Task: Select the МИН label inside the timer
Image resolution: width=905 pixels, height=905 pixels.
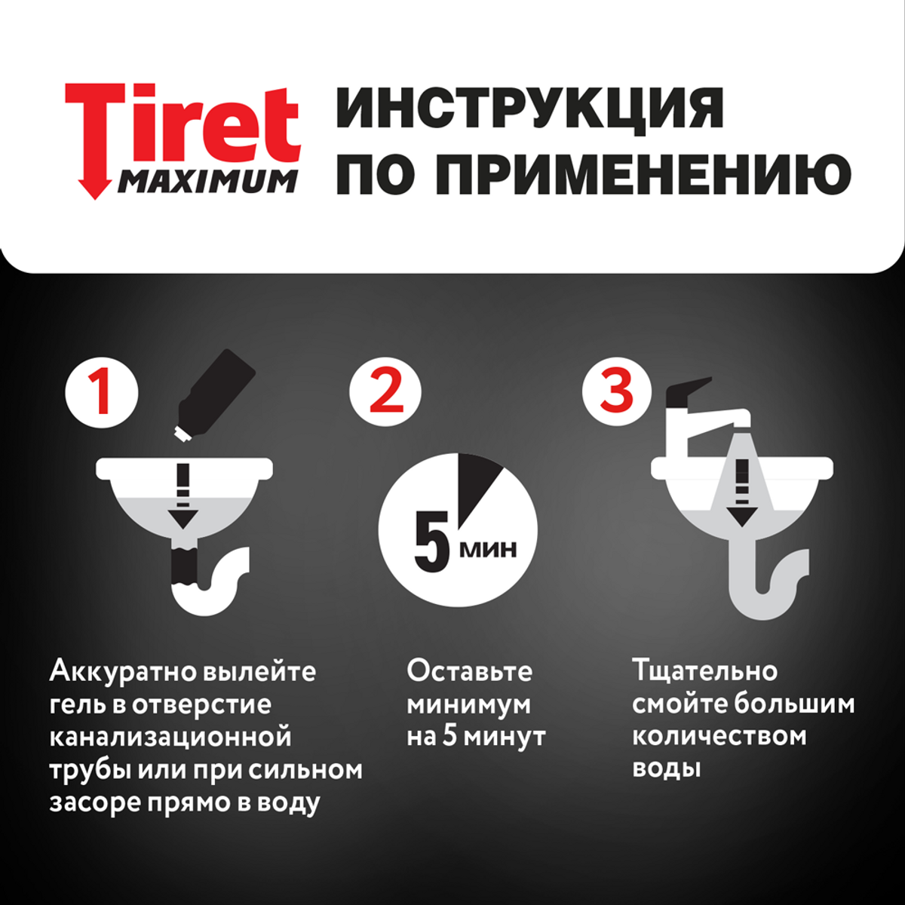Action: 489,549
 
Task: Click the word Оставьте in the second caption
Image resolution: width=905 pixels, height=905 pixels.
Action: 469,671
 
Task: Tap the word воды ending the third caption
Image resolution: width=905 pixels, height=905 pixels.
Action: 667,769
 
